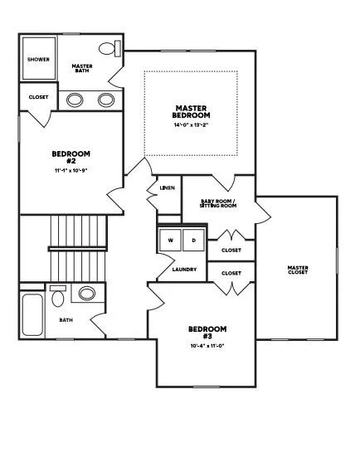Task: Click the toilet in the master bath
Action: click(x=109, y=48)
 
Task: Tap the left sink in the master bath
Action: click(x=75, y=100)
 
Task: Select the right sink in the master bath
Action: click(x=106, y=100)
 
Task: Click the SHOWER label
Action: click(x=38, y=60)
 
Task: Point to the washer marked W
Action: click(x=170, y=240)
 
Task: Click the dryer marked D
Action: click(x=193, y=240)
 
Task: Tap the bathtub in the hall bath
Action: click(x=32, y=315)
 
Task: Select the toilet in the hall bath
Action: click(x=58, y=296)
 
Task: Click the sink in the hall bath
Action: click(x=87, y=294)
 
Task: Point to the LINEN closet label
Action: click(x=167, y=188)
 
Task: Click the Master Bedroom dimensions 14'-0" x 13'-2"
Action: click(x=191, y=124)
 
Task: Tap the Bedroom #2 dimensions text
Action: click(x=71, y=171)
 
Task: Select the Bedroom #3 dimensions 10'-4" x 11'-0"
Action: click(x=207, y=346)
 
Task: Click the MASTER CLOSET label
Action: click(x=298, y=270)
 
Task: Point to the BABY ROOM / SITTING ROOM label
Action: click(x=218, y=203)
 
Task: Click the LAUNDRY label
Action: click(x=184, y=270)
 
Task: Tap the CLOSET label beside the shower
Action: click(x=38, y=97)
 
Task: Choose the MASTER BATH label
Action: click(x=82, y=68)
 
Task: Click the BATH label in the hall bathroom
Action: click(x=66, y=320)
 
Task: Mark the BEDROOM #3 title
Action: click(x=207, y=333)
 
